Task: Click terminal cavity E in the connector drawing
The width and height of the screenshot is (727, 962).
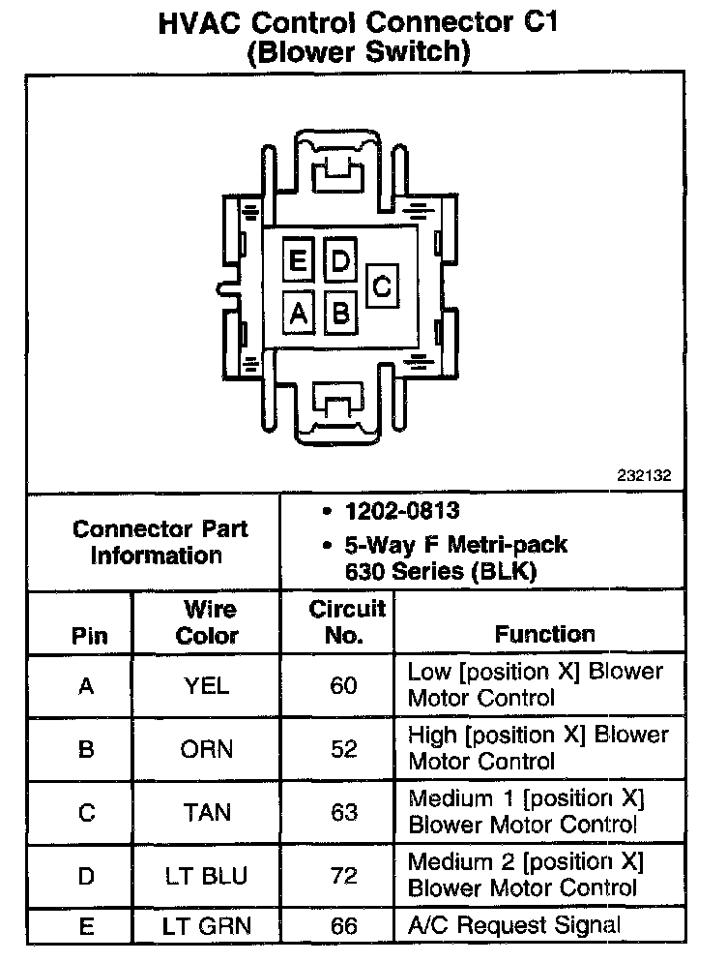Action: [298, 261]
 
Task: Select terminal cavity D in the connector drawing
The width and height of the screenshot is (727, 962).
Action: [340, 261]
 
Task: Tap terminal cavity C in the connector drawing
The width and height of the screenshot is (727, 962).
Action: [382, 286]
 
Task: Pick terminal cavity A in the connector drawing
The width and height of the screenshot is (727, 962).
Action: [298, 313]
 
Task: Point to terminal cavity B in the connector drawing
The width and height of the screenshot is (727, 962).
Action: [340, 313]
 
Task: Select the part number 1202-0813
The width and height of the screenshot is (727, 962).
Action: [404, 511]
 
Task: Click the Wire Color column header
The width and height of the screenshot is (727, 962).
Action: [209, 622]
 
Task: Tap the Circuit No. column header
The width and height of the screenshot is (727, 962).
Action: [347, 622]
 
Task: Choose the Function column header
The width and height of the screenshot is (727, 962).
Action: [545, 634]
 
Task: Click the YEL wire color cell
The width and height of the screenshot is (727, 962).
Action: [207, 686]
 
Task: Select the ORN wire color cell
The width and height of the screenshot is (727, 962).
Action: [207, 749]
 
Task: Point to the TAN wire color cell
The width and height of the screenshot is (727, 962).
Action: [207, 813]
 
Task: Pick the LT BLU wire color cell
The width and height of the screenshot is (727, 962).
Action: [207, 877]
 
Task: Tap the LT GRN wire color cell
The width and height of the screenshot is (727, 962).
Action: [207, 927]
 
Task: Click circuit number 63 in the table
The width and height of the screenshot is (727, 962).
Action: [344, 813]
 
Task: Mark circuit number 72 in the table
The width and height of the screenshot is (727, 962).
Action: [344, 877]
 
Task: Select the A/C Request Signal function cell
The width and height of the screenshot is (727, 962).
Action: [514, 925]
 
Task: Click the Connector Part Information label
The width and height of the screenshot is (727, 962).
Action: [160, 543]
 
